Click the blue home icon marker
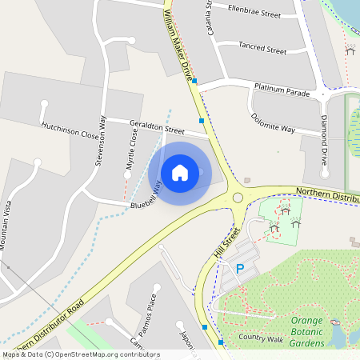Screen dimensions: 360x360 180,172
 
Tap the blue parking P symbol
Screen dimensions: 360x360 239,270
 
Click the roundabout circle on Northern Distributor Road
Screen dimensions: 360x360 237,198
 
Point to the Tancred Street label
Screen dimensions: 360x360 262,50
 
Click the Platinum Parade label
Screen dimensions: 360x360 282,93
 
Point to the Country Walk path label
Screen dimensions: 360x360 261,338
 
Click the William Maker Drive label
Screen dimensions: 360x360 180,44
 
